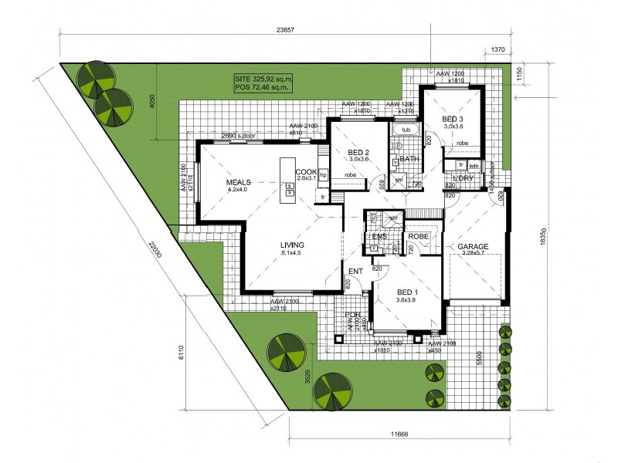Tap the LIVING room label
294,245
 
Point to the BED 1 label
407,292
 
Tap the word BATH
409,159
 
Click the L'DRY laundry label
463,178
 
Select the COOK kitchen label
305,172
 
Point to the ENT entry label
355,272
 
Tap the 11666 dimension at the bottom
399,434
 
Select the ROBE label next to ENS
419,235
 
